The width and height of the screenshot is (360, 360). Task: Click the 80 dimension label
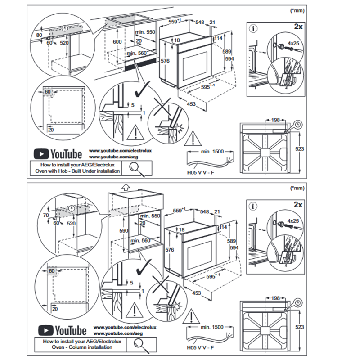tap(39, 35)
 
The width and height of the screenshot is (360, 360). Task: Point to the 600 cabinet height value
tap(117, 41)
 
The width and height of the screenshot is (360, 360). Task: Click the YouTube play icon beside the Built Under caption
tap(42, 154)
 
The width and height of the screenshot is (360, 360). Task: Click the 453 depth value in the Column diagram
tap(196, 293)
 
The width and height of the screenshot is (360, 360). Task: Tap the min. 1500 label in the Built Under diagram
tap(211, 152)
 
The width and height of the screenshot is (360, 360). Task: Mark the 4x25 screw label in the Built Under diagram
tap(293, 44)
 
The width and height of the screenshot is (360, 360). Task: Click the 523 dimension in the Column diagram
tap(300, 327)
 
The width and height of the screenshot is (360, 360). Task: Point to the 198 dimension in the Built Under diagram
tap(275, 120)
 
